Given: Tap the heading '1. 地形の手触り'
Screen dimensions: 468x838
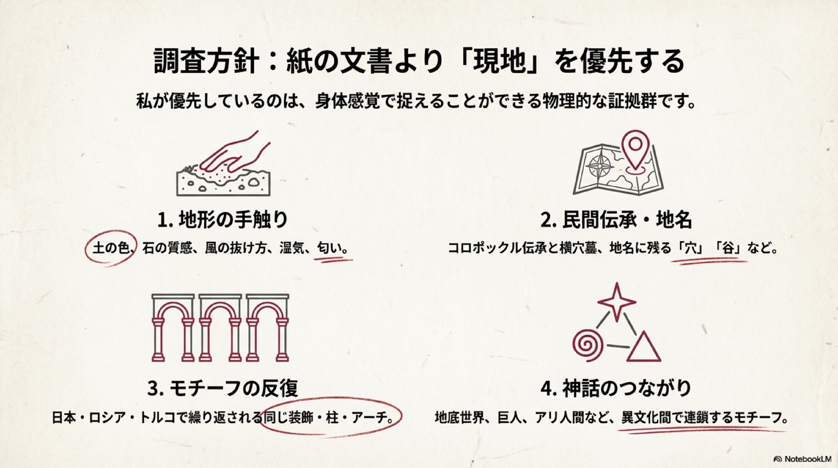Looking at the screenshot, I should pos(223,220).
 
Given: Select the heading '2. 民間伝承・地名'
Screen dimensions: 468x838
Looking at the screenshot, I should pos(616,220).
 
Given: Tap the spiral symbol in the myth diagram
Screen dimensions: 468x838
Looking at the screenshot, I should pos(588,345).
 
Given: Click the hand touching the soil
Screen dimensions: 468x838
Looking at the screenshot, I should pos(236,154).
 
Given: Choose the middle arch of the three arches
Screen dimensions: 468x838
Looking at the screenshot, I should pos(220,328).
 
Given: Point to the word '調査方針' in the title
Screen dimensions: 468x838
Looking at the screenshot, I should pos(204,61).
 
